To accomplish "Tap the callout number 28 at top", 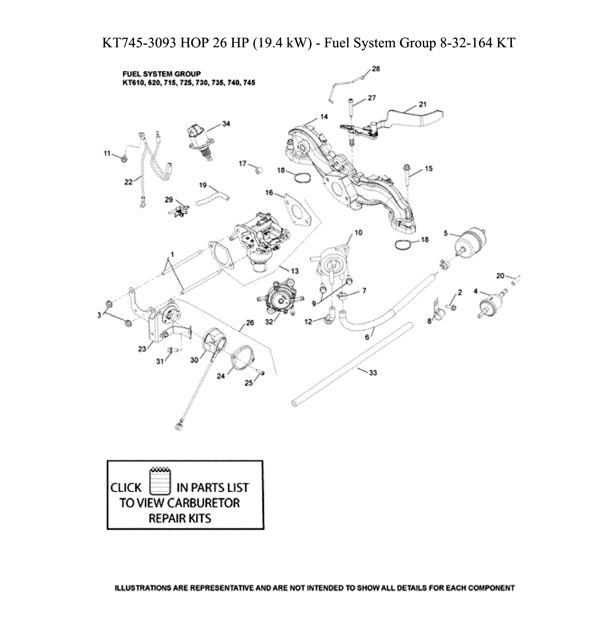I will pyautogui.click(x=376, y=69).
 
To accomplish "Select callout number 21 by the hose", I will pyautogui.click(x=422, y=104).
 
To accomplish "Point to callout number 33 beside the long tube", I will pyautogui.click(x=373, y=373).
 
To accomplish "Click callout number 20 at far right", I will pyautogui.click(x=500, y=276).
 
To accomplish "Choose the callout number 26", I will pyautogui.click(x=250, y=323).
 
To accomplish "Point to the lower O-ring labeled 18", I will pyautogui.click(x=403, y=245).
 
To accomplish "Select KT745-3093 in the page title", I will pyautogui.click(x=139, y=43).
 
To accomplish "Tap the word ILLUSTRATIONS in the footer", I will pyautogui.click(x=143, y=588).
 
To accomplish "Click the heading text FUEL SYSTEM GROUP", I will pyautogui.click(x=161, y=74).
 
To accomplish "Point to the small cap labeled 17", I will pyautogui.click(x=259, y=170).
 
